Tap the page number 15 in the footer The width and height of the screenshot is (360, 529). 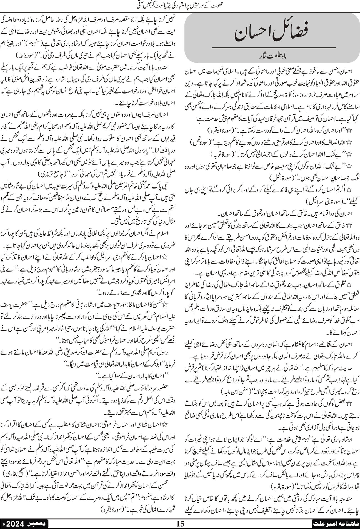tap(180, 524)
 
